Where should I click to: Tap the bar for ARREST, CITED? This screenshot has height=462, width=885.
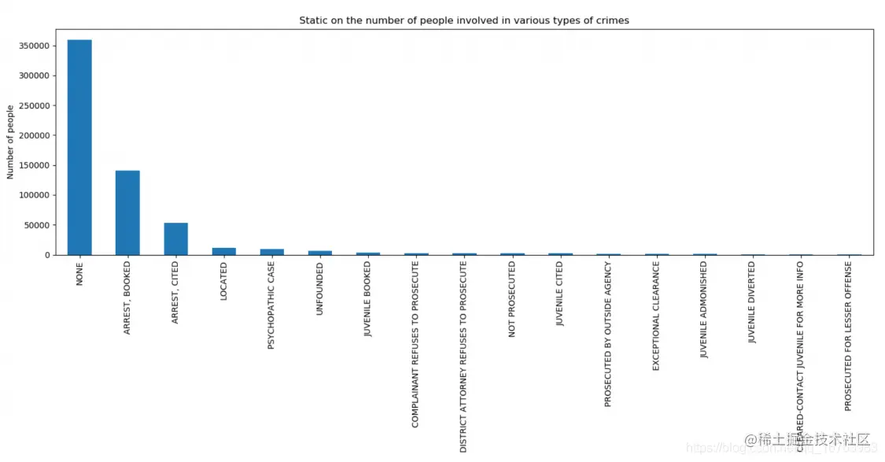(x=175, y=238)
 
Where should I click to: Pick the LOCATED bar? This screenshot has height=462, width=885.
(x=223, y=251)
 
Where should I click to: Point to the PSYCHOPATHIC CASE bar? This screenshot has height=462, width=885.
(x=271, y=252)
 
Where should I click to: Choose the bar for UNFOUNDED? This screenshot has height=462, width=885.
(x=319, y=253)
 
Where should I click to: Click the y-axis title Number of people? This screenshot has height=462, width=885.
(x=11, y=142)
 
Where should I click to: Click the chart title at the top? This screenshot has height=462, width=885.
(x=464, y=20)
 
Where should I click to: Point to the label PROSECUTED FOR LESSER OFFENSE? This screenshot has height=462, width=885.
(x=848, y=335)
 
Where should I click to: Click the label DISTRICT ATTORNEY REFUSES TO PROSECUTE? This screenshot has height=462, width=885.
(x=464, y=357)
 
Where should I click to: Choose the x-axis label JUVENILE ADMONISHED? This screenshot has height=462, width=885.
(x=704, y=310)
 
